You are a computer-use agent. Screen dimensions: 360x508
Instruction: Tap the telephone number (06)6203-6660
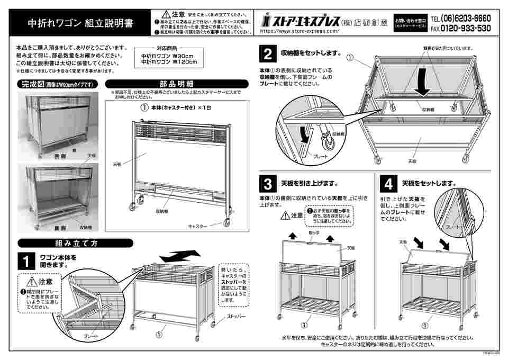click(464, 19)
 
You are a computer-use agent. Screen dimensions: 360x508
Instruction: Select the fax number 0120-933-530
click(464, 29)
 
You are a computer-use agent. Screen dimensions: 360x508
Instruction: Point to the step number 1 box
click(25, 260)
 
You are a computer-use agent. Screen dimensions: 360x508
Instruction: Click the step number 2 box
click(268, 54)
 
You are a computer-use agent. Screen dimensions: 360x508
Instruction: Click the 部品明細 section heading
click(176, 84)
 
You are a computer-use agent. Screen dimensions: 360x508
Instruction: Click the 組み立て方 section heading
click(75, 243)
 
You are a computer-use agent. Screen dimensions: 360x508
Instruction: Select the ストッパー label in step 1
click(236, 316)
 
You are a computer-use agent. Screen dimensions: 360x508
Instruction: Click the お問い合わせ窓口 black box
click(410, 24)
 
